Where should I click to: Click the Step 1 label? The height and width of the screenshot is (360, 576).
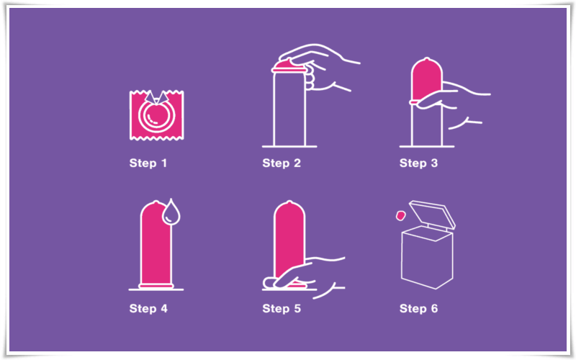[148, 163]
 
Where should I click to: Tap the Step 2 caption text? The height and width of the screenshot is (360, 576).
[282, 163]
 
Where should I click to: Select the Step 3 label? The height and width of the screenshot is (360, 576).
[418, 163]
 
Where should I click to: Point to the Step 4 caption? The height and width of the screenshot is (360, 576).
[148, 309]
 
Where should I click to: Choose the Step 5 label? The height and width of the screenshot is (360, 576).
[282, 309]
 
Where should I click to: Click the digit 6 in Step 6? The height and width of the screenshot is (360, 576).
[434, 309]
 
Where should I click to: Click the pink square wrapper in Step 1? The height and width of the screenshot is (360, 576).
[156, 115]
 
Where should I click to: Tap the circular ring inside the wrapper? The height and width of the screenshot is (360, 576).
[156, 116]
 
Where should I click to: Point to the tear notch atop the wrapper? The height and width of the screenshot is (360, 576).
[156, 97]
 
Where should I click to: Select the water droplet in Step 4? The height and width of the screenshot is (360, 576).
[171, 213]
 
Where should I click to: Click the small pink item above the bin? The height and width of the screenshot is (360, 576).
[400, 215]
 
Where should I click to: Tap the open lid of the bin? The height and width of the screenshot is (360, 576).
[433, 213]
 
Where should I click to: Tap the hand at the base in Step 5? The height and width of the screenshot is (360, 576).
[303, 276]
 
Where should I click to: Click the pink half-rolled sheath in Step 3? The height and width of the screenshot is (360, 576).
[426, 81]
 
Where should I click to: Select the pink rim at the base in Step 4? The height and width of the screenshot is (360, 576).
[156, 285]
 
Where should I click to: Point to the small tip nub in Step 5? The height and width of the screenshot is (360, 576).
[289, 202]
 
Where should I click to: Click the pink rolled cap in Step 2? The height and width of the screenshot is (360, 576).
[289, 66]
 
